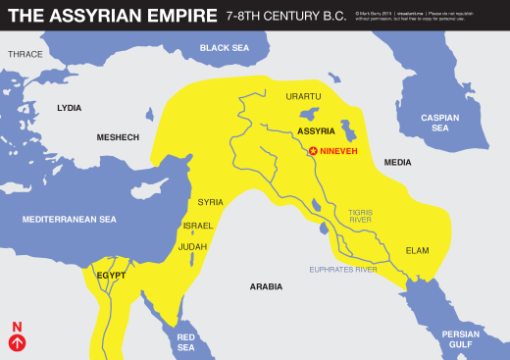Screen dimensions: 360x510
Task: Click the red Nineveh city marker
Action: [x=314, y=151]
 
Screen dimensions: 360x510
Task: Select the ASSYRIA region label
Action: [x=316, y=130]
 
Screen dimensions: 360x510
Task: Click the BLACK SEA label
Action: [x=224, y=47]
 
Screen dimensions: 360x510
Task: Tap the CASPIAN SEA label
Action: [x=440, y=123]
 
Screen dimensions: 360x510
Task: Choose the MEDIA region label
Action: [x=397, y=162]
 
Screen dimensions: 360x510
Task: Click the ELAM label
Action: [x=417, y=250]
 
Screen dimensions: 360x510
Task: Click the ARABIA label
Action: [x=265, y=286]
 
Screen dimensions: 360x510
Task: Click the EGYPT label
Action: [x=112, y=276]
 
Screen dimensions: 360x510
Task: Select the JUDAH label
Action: [x=193, y=246]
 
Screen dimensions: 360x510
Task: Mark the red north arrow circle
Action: [x=17, y=342]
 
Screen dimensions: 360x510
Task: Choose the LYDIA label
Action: [x=69, y=107]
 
